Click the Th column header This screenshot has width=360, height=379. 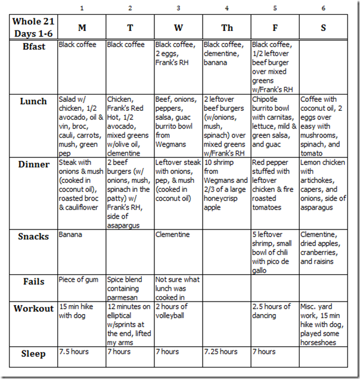tap(226, 27)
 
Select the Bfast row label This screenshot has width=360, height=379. tap(33, 46)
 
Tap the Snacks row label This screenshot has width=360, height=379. tap(33, 237)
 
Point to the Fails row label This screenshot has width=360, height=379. tap(33, 281)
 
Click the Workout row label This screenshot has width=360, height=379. tap(33, 308)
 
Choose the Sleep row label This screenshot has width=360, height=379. tap(33, 353)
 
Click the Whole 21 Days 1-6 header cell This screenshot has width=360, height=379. tap(33, 27)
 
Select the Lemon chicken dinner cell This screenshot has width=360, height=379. tap(324, 185)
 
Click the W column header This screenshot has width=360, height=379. tap(178, 27)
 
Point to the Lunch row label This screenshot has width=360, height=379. tap(33, 101)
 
